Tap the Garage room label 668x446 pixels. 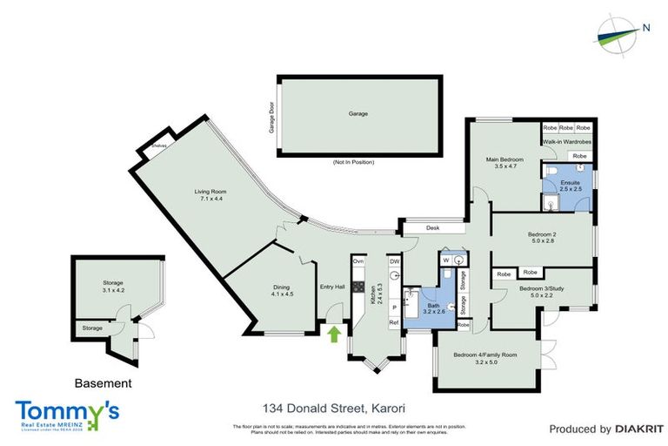[358, 114]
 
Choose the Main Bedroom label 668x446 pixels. [504, 162]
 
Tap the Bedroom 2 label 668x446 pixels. [541, 238]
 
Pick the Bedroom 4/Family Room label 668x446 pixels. [485, 356]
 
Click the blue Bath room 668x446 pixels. [432, 306]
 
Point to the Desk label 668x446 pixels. [431, 229]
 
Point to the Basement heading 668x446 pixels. [103, 382]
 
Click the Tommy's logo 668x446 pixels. [67, 414]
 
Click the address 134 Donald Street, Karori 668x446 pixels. [335, 408]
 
